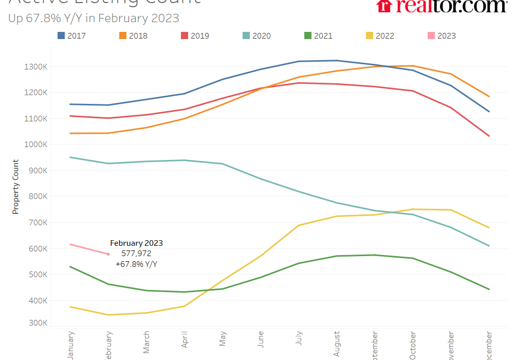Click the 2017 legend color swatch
click(61, 35)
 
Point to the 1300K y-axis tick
click(36, 67)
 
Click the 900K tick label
click(38, 171)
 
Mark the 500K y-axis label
click(38, 275)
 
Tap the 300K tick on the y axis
click(38, 323)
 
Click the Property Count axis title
click(16, 187)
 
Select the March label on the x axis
click(146, 343)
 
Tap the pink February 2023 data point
click(108, 254)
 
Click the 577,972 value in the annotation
click(136, 254)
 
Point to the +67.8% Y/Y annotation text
click(136, 264)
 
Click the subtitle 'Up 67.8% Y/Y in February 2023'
click(94, 18)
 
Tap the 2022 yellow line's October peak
click(413, 209)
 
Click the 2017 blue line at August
click(336, 60)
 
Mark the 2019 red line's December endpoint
click(489, 136)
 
